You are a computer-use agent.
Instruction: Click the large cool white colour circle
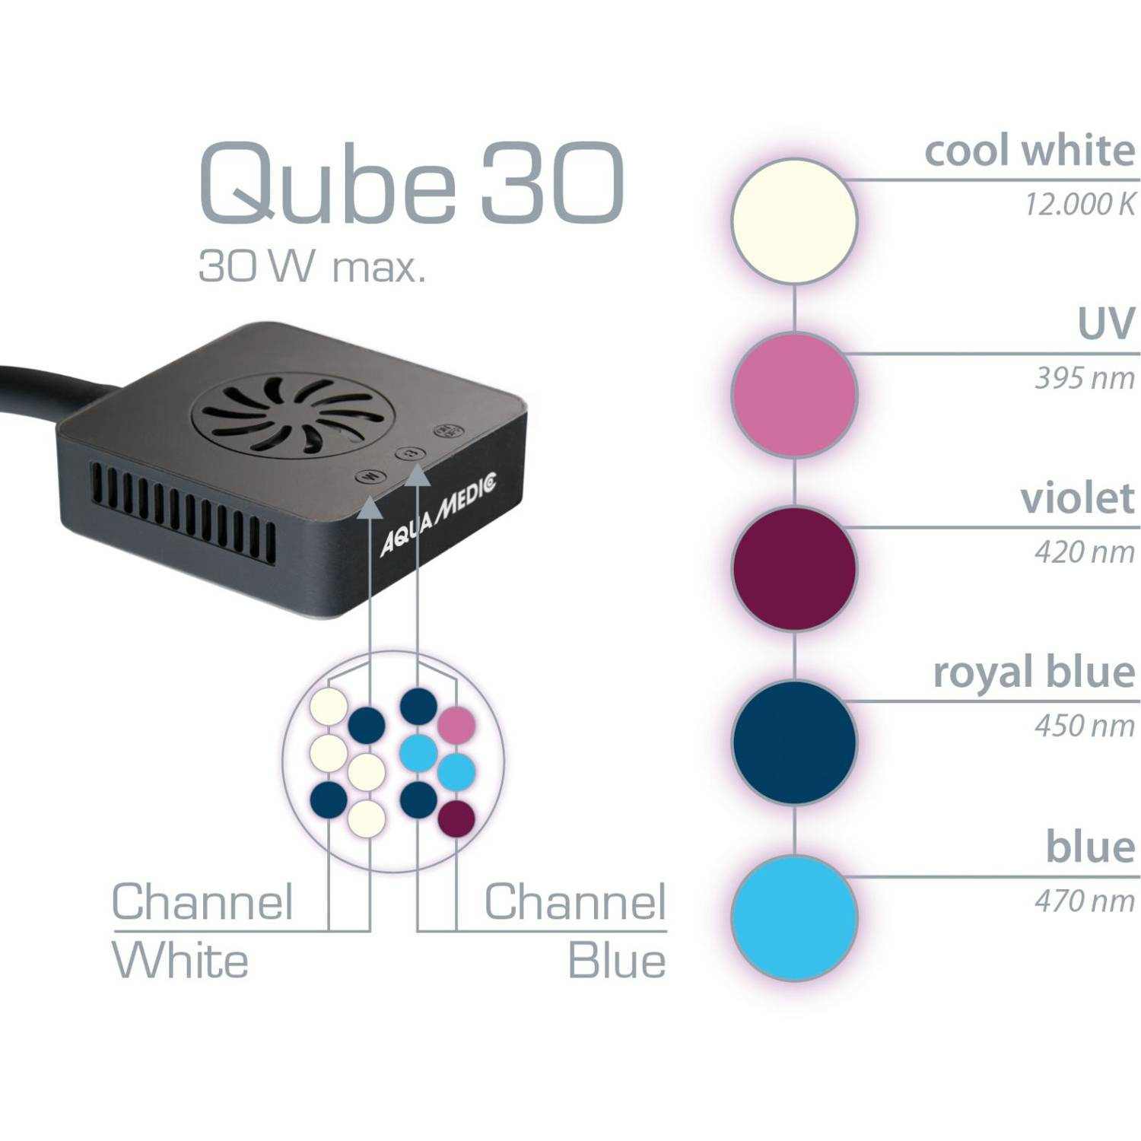click(794, 221)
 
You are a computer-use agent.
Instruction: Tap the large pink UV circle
click(794, 394)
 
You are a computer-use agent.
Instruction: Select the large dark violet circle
click(794, 568)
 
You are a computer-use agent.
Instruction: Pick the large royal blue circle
click(794, 742)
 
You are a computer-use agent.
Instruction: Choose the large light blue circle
click(794, 917)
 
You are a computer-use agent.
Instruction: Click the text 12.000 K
click(1079, 205)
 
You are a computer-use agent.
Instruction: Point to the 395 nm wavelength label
click(1084, 378)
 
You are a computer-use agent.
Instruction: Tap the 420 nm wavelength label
click(1084, 552)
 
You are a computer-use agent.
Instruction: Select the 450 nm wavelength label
click(1084, 726)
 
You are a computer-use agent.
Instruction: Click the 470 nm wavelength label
click(1084, 901)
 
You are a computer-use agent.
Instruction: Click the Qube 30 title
click(412, 183)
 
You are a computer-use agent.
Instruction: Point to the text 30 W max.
click(312, 267)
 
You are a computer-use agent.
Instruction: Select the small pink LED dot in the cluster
click(456, 725)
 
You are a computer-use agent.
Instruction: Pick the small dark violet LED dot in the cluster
click(457, 819)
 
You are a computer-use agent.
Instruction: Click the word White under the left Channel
click(180, 961)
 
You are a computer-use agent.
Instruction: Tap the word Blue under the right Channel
click(617, 961)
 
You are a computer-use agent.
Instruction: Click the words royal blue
click(1034, 672)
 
